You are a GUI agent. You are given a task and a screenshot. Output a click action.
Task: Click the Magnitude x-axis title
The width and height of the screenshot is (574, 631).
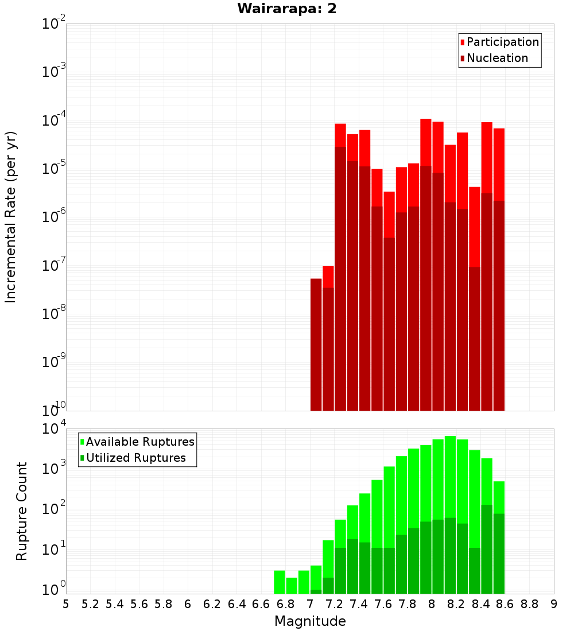[310, 621]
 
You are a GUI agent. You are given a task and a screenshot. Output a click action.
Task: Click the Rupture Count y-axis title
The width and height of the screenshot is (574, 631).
[22, 511]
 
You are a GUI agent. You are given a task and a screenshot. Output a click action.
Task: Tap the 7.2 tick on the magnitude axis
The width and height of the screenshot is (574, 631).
[335, 604]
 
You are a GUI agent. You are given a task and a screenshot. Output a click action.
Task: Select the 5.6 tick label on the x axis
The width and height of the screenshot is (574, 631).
[139, 604]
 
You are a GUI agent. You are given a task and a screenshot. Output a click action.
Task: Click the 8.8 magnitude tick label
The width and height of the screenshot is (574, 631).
[529, 604]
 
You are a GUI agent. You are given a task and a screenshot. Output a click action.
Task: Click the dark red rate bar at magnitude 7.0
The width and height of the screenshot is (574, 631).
[316, 344]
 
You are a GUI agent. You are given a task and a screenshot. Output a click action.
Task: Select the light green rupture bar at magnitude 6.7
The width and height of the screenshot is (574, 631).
[280, 582]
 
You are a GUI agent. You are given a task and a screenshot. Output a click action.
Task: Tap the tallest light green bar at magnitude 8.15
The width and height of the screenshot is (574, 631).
[450, 476]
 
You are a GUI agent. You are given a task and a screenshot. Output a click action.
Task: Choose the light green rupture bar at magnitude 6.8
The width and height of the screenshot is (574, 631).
[292, 585]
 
